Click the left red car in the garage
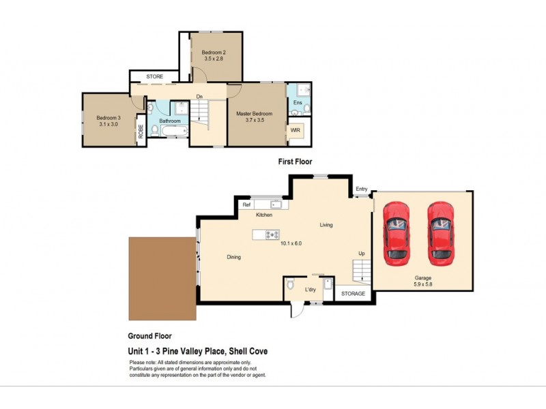(397, 233)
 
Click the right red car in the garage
(441, 233)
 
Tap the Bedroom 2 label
(214, 56)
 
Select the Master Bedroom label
(255, 117)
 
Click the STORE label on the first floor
(155, 76)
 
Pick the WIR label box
(296, 130)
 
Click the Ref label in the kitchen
(246, 204)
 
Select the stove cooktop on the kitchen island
(272, 235)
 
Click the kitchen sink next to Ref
(277, 204)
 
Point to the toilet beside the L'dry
(291, 284)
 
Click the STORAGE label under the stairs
(354, 294)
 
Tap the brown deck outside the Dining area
(161, 278)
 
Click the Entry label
(361, 190)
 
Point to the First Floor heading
(295, 162)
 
